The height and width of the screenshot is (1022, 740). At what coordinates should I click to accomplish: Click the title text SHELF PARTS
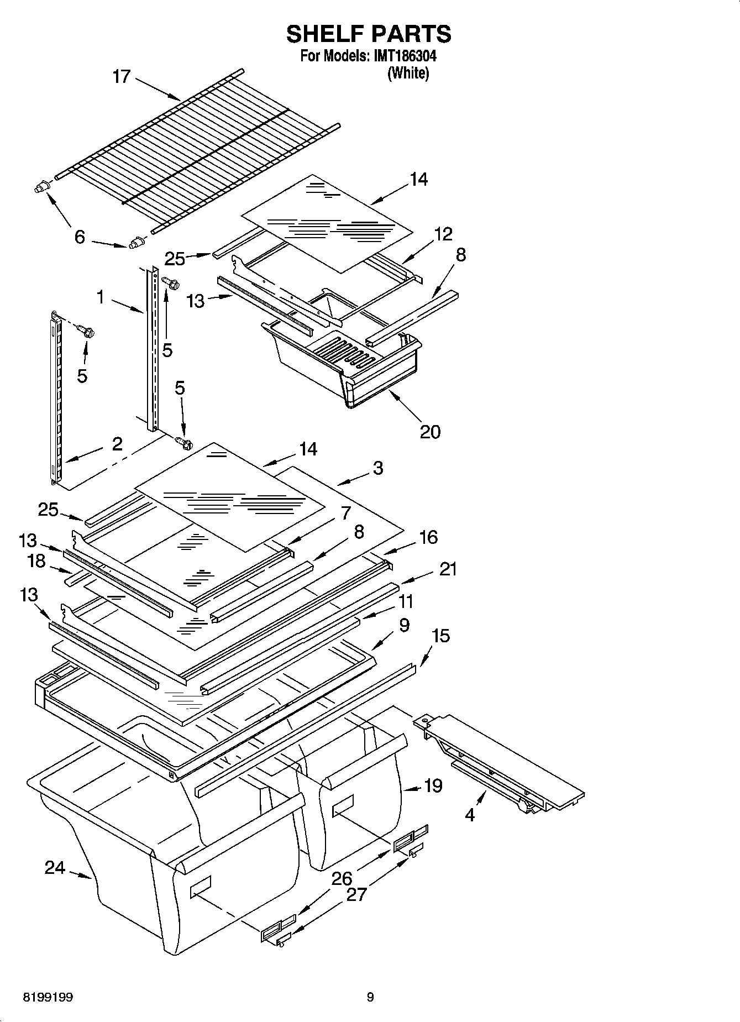click(369, 34)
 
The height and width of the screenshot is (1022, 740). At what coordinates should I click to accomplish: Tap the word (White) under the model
click(408, 73)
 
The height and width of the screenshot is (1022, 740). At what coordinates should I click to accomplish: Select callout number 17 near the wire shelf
click(121, 76)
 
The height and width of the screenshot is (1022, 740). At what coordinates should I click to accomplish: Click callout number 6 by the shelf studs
click(80, 237)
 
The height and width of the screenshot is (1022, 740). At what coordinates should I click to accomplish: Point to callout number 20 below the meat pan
click(430, 431)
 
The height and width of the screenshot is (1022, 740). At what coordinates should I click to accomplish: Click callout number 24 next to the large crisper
click(55, 868)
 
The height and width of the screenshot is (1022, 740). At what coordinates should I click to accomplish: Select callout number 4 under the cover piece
click(470, 814)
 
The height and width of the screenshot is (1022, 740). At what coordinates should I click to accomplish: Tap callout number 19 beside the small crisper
click(433, 785)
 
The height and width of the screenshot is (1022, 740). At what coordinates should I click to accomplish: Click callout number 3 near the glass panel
click(377, 468)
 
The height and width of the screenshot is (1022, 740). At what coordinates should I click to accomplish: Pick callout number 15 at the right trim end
click(440, 636)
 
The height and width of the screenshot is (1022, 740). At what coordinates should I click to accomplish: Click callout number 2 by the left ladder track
click(117, 443)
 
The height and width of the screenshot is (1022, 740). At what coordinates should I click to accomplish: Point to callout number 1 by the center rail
click(101, 297)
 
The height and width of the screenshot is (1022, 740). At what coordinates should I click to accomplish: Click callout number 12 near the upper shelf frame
click(443, 234)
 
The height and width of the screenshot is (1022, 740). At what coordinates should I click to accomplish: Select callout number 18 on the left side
click(36, 561)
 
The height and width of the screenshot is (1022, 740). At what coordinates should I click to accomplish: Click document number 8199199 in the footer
click(48, 997)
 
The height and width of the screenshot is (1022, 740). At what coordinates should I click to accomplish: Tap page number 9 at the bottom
click(370, 997)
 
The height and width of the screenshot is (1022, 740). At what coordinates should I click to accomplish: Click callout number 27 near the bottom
click(356, 894)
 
